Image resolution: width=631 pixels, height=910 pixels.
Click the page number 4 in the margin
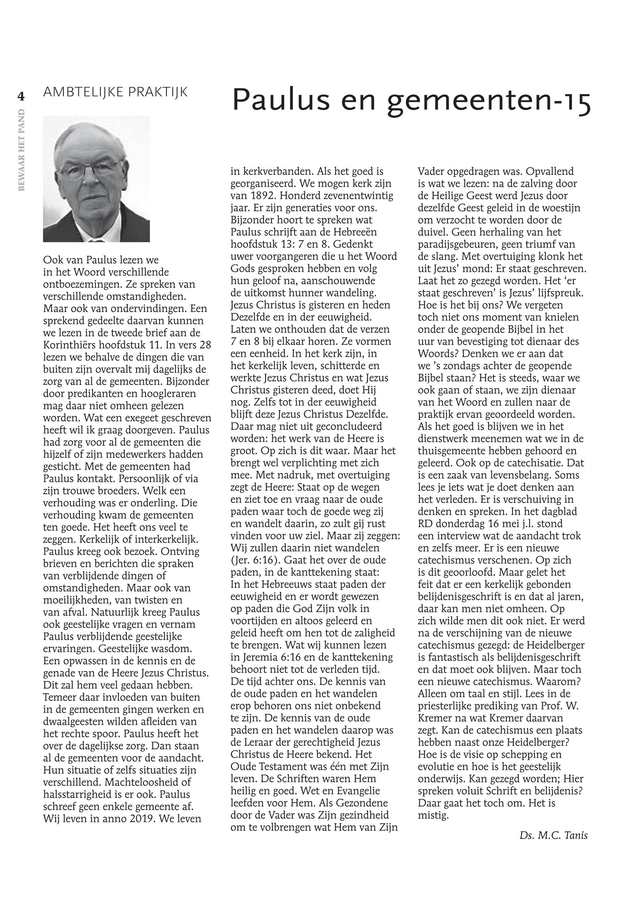coord(21,96)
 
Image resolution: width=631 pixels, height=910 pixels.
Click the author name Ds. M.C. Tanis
coord(553,835)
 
